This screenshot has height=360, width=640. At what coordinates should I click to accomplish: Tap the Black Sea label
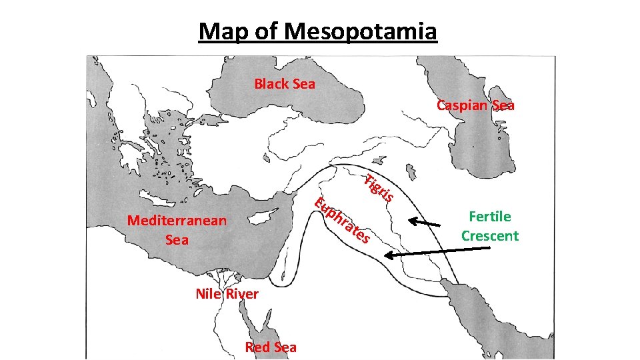pos(285,84)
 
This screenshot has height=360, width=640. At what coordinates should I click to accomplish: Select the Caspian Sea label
pos(475,105)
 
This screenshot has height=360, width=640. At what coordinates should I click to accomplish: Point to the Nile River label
pos(227,294)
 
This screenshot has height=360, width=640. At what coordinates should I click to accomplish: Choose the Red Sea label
pos(271,347)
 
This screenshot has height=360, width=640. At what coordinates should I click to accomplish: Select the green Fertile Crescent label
pos(490,226)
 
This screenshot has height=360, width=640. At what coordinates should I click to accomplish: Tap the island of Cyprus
pos(256,217)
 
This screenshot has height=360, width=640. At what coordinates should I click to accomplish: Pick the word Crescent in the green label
pos(490,236)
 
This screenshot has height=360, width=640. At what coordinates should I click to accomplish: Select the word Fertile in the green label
pos(490,216)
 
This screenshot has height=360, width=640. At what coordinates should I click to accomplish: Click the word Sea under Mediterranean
pos(177,240)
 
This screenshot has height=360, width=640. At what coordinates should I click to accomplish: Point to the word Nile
pos(209,294)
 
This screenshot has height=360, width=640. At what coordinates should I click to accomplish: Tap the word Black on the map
pos(270,84)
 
